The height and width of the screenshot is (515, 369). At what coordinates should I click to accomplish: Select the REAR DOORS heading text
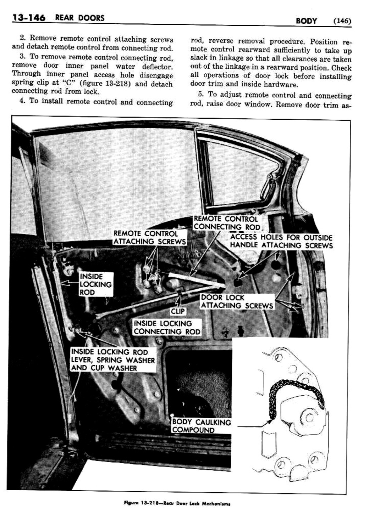click(x=80, y=18)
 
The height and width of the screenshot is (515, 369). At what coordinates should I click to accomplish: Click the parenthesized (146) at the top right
click(x=342, y=21)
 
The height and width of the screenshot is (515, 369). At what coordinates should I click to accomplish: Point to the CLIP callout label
click(x=177, y=311)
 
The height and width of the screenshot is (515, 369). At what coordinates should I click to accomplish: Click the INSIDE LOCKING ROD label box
click(x=95, y=284)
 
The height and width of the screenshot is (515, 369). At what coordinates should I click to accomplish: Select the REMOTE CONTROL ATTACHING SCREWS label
click(x=149, y=237)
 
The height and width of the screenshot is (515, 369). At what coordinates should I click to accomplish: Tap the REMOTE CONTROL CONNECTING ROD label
click(x=227, y=223)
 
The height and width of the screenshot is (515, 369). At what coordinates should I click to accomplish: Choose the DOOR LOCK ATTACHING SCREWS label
click(x=237, y=301)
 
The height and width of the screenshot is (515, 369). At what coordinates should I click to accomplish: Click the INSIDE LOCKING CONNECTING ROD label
click(x=167, y=327)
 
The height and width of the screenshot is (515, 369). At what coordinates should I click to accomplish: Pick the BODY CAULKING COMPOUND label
click(x=201, y=426)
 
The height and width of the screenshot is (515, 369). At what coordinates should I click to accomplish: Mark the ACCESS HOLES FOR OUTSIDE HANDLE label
click(x=281, y=241)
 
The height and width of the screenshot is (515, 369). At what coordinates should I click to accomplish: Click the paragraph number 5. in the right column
click(x=201, y=95)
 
